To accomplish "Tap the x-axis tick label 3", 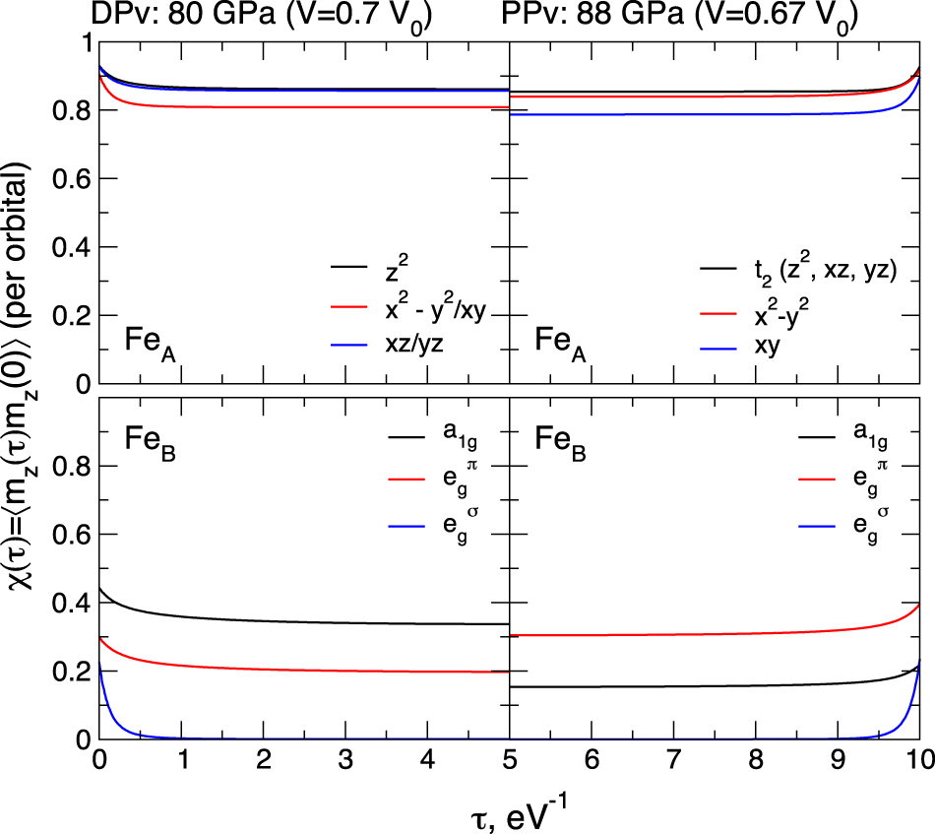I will click(345, 762).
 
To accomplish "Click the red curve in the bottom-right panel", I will click(689, 634).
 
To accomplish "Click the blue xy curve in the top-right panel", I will click(689, 114).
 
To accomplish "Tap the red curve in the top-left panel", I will click(295, 106).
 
